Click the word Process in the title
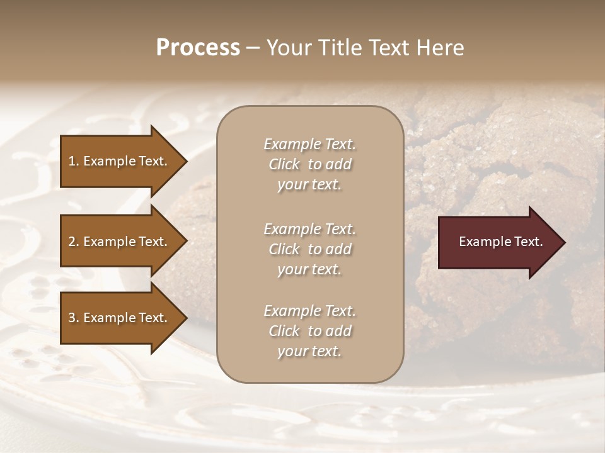[198, 48]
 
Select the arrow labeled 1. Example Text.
[120, 161]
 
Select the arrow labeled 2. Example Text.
[120, 242]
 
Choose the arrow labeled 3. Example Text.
[120, 318]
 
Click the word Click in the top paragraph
[284, 164]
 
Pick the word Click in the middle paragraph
[284, 249]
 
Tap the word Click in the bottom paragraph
[284, 331]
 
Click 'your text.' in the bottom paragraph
[309, 352]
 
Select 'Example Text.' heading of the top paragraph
[309, 144]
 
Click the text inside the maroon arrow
[500, 242]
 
